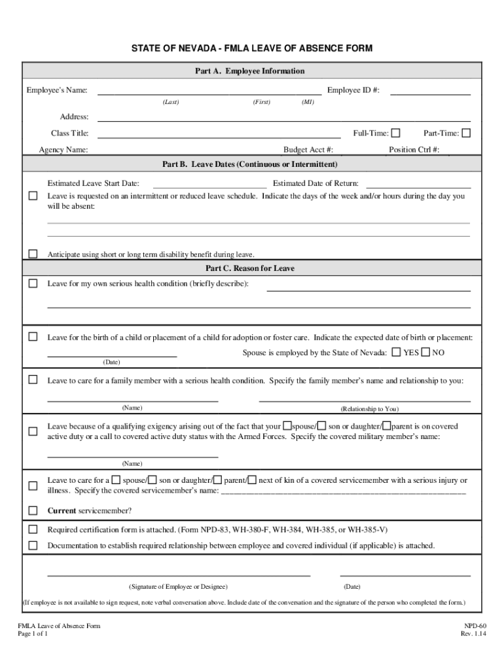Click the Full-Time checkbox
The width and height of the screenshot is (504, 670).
click(x=396, y=133)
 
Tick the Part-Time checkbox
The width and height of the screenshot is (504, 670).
click(x=466, y=133)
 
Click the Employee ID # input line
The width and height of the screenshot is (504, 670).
click(x=430, y=92)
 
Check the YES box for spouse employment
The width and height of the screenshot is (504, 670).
click(x=397, y=353)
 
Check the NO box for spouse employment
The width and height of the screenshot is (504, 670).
click(x=425, y=353)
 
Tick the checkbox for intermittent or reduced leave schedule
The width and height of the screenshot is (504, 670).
click(x=33, y=196)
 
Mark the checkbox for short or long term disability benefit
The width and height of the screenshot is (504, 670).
click(x=33, y=254)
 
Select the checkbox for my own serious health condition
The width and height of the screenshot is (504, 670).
click(x=33, y=284)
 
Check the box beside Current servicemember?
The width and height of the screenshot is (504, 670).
click(x=33, y=510)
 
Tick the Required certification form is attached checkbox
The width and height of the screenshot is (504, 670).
click(x=33, y=529)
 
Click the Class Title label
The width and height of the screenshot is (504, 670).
click(x=70, y=133)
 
